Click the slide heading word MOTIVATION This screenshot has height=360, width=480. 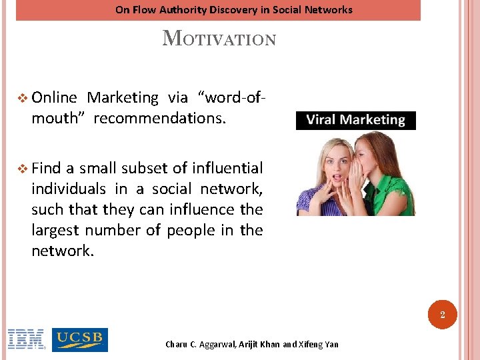point(219,38)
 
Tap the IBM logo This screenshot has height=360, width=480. point(26,339)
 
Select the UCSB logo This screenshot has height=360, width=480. point(79,339)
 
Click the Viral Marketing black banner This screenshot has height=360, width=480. point(355,121)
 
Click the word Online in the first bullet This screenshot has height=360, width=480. point(55,98)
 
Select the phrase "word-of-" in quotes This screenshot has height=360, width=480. point(233,98)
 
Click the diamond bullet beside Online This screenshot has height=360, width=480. point(24,98)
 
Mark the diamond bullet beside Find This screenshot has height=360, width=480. point(24,168)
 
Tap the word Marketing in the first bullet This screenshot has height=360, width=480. point(123,98)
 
